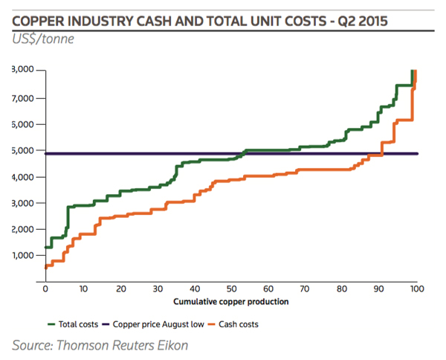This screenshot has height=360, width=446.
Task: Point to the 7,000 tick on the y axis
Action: coord(25,98)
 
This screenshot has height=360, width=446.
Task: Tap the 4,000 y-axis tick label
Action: coord(25,177)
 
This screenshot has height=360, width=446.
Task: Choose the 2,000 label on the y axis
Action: coord(25,229)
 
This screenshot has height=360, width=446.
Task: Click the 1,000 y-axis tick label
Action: coord(25,255)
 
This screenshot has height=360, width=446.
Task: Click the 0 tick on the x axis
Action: coord(45,289)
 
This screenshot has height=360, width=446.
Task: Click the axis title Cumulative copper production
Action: coord(230,302)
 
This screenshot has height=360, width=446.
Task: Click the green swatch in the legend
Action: coord(51,324)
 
